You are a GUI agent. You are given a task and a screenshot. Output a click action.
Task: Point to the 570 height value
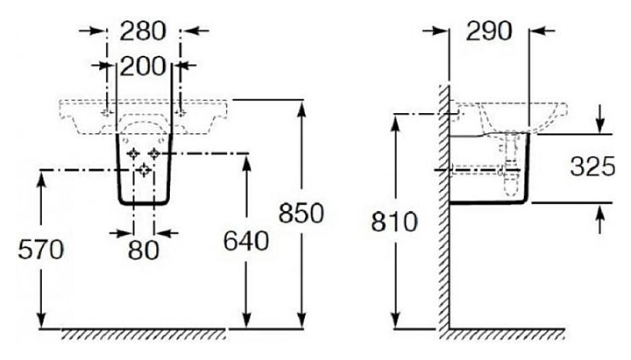click(41, 250)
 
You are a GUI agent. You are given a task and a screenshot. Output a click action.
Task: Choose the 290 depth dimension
click(488, 32)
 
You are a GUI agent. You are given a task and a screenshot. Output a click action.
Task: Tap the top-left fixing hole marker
click(133, 154)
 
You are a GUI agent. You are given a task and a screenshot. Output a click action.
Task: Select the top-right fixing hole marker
click(154, 154)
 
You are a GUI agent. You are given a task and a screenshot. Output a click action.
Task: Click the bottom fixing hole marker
click(144, 171)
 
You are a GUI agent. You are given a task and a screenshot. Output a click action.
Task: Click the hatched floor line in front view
click(140, 334)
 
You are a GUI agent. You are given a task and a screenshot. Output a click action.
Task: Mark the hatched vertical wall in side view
click(443, 210)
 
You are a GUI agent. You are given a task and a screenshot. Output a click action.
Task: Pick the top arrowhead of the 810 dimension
click(399, 122)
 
